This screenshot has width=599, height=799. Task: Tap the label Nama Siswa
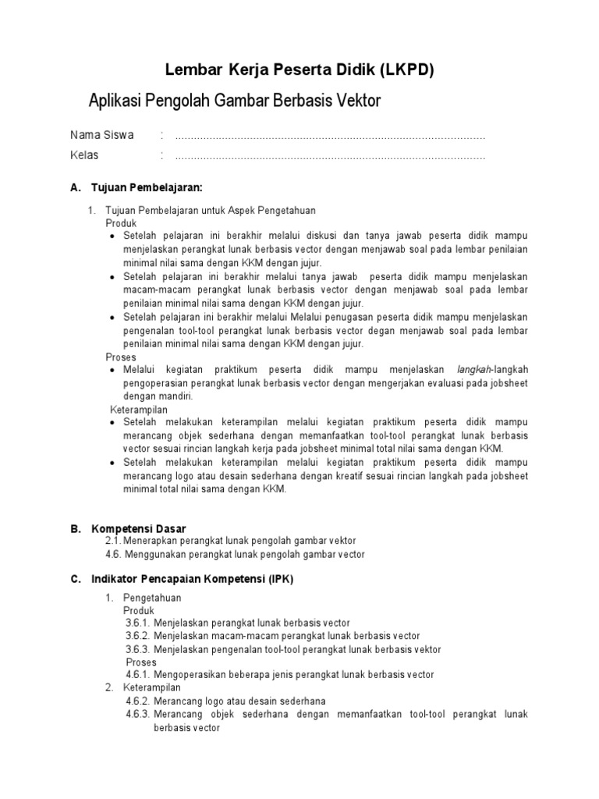pos(102,135)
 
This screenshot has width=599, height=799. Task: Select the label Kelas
pos(84,155)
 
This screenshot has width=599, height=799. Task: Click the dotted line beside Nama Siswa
pos(330,137)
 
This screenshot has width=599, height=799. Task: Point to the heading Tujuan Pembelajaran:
pos(147,189)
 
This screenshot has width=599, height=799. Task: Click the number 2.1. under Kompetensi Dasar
pos(114,541)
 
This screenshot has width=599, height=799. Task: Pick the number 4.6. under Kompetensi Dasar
pos(114,554)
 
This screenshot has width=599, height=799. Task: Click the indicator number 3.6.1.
pos(136,623)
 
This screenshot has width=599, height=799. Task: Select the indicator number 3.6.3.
pos(136,649)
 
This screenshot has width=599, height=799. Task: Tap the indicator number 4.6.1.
pos(136,675)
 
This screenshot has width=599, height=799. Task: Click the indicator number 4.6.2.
pos(136,701)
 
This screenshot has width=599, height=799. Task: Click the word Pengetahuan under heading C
pos(152,598)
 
